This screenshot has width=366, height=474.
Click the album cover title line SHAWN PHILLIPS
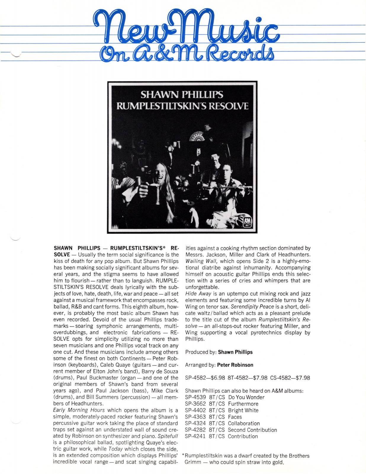click(182, 95)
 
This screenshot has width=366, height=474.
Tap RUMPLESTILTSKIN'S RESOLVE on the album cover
click(182, 106)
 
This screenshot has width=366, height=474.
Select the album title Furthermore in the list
click(243, 404)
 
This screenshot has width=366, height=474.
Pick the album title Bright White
click(243, 410)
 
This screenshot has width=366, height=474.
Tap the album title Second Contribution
click(252, 430)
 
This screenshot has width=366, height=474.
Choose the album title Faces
click(235, 417)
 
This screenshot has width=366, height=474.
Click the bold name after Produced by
click(235, 352)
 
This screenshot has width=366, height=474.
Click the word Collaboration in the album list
click(244, 423)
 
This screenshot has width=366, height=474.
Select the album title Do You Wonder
click(246, 397)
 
